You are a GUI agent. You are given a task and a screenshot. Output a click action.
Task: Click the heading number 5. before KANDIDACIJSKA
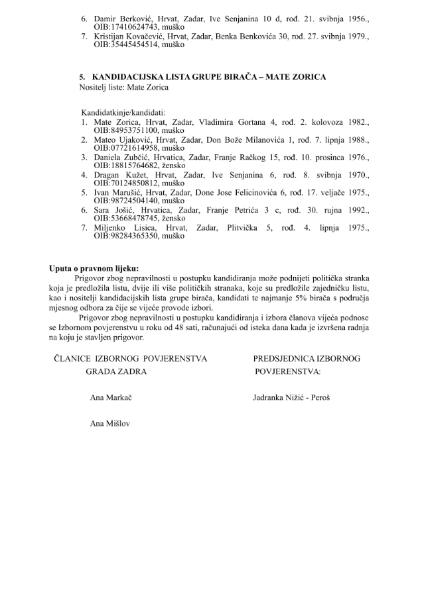coord(82,77)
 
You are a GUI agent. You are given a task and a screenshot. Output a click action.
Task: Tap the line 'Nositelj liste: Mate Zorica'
coord(123,87)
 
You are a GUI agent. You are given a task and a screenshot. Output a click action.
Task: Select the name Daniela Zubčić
coord(118,157)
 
